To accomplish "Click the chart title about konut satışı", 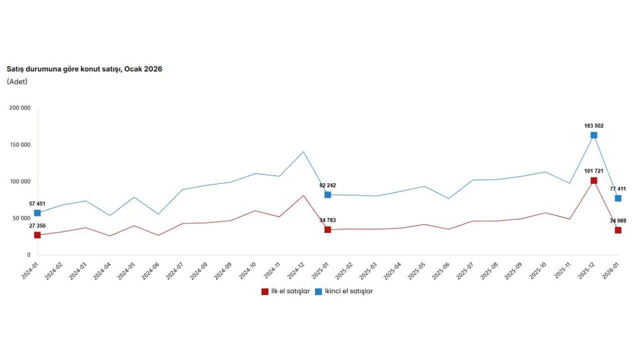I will click(x=84, y=69).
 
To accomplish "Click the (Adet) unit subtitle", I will click(x=17, y=81).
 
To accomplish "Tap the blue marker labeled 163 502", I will click(x=593, y=135).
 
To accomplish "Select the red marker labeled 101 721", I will click(x=593, y=180).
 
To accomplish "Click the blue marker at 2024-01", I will click(x=37, y=213).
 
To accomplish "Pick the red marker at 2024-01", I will click(x=37, y=235).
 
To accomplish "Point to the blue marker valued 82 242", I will click(x=327, y=194).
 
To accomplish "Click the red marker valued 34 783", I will click(x=327, y=229).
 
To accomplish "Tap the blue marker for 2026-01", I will click(x=618, y=198).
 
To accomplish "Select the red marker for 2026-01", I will click(x=618, y=230).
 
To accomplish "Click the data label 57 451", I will click(x=37, y=203).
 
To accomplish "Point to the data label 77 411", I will click(x=618, y=189).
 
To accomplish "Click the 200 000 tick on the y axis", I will click(x=20, y=108).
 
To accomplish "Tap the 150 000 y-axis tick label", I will click(x=20, y=145).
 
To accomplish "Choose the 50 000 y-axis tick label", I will click(x=21, y=218).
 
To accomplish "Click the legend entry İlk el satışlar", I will click(x=285, y=291).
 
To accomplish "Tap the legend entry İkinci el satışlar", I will click(x=343, y=291).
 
